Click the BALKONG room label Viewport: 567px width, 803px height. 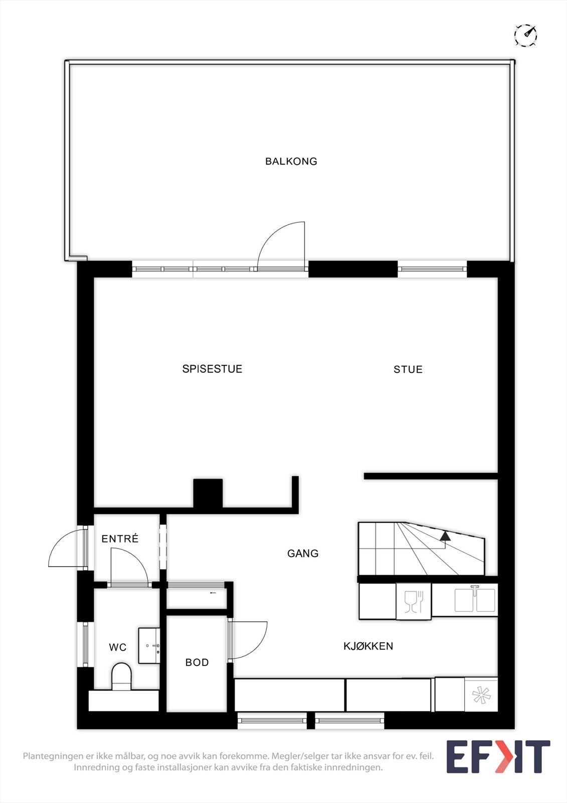tap(291, 161)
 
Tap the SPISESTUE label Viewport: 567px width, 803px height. tap(212, 369)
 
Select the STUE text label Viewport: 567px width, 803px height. tap(408, 369)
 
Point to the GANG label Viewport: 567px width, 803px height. tap(303, 553)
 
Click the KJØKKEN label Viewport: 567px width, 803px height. tap(368, 646)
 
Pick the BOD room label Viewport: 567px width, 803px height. tap(197, 662)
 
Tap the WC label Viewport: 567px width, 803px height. tap(118, 647)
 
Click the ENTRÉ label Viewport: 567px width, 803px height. tap(120, 539)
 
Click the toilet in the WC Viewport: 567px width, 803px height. tap(121, 676)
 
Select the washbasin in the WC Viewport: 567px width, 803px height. tap(149, 645)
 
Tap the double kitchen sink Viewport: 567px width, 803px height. tap(475, 600)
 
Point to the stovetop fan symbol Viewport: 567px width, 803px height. tap(481, 695)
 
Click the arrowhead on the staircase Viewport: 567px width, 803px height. tap(445, 536)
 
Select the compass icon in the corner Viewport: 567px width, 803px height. tap(525, 35)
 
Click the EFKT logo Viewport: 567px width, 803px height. tap(498, 756)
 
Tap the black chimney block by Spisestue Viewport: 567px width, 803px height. tap(208, 494)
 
